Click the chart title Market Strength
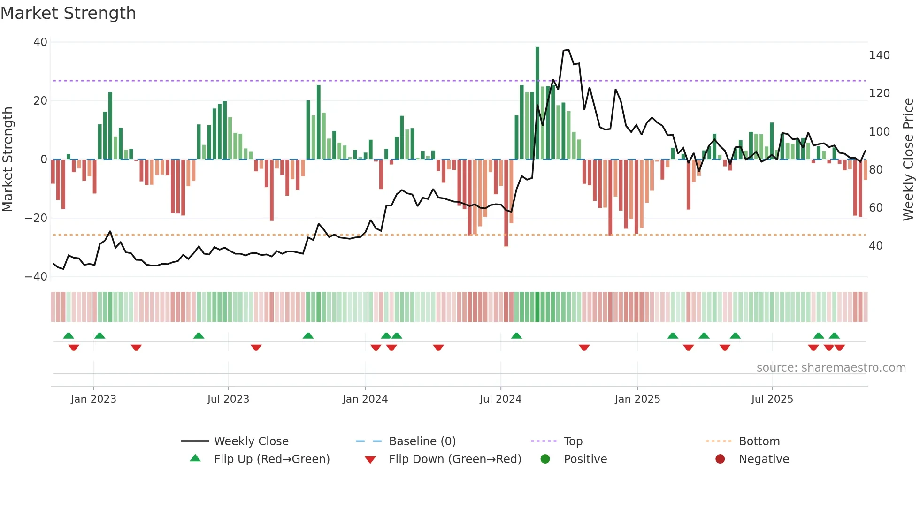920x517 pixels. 69,13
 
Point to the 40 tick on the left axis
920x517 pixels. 40,42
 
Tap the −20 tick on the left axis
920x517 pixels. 36,218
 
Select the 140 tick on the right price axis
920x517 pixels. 879,55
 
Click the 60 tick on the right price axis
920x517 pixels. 876,207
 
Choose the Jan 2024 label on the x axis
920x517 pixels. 365,399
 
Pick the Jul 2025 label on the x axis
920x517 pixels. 772,399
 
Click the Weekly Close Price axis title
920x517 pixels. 908,160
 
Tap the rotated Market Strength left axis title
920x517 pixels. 8,160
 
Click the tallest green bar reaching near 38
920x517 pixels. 537,103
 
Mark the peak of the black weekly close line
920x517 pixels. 568,50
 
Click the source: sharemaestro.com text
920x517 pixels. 831,368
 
